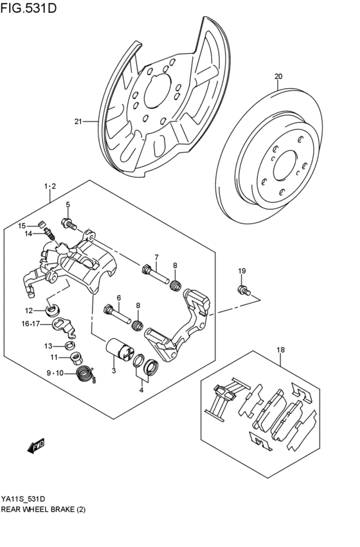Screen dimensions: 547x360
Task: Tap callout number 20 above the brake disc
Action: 278,76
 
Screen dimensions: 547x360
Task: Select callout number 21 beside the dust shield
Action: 78,121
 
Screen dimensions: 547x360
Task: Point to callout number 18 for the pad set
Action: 280,350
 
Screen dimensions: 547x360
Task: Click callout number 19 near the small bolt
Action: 242,271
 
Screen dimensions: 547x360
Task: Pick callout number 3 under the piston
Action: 113,371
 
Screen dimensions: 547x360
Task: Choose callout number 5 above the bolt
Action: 67,205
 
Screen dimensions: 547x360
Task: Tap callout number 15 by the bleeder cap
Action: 21,226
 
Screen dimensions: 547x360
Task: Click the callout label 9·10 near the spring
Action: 55,372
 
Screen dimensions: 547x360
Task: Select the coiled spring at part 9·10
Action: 84,372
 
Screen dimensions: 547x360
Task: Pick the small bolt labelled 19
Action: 243,291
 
